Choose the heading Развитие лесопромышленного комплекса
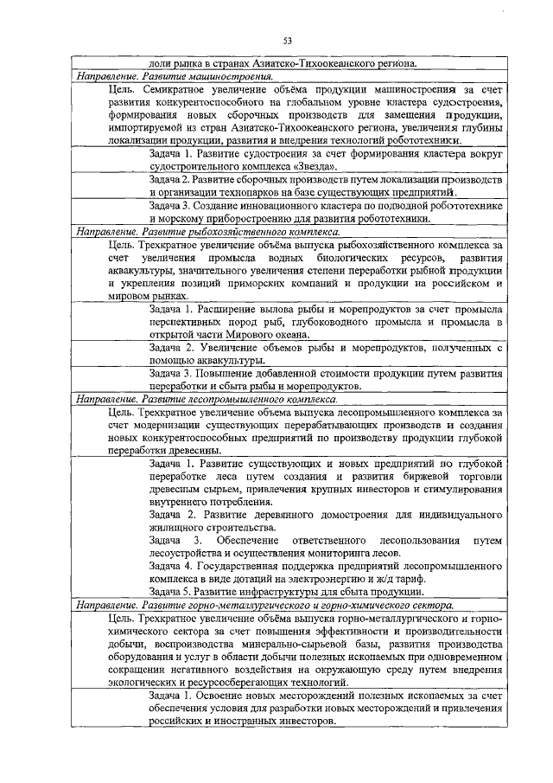point(207,401)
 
